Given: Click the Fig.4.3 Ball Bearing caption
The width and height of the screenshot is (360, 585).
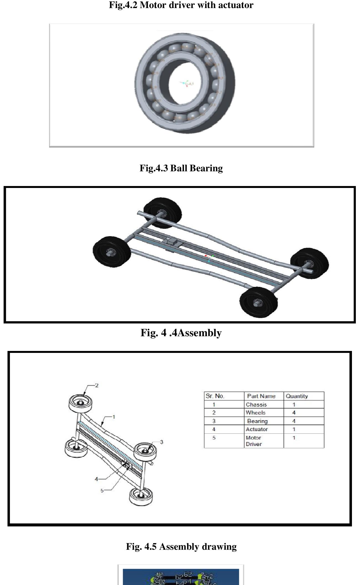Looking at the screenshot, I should pos(181,168).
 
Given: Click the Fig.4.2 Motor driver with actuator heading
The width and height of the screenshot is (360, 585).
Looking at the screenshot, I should pos(181,5).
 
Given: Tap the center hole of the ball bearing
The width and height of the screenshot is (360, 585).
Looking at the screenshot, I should pos(186,83).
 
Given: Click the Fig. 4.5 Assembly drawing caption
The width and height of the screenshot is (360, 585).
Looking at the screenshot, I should pos(181,546).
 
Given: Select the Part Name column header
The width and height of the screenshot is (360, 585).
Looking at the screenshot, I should pos(261,396).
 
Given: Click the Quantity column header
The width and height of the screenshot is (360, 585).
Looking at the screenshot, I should pos(297,396).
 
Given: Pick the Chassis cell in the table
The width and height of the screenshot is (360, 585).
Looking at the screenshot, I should pos(256,405).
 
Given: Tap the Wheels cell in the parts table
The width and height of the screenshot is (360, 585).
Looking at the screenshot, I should pos(256,413).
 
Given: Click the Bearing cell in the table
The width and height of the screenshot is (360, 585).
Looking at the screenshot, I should pos(257,421).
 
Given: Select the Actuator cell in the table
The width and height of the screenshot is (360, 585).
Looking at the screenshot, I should pos(257,429).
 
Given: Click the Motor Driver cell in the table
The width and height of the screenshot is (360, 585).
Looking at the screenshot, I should pos(254,441).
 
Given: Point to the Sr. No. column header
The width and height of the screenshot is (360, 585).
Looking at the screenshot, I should pos(215,396).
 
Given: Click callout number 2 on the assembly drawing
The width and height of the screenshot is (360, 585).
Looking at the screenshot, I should pos(96,385).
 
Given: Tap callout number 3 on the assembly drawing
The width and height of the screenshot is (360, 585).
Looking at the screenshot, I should pos(162,442).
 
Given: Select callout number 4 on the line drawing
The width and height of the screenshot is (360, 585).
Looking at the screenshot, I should pos(96,479).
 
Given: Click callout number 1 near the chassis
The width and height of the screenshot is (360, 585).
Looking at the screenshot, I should pos(113,417).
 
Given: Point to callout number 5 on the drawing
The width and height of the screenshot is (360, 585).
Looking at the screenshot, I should pos(102,491).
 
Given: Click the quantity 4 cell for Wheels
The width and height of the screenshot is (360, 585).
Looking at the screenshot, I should pos(294,413).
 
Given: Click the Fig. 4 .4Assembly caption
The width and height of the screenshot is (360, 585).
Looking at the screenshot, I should pos(181,333).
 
